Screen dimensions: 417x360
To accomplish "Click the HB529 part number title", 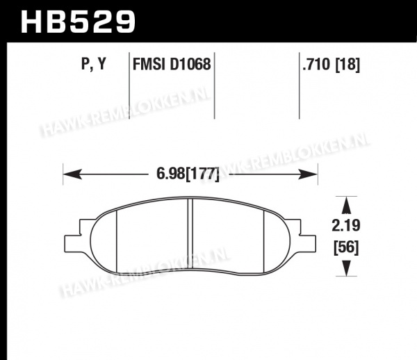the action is coord(78,22).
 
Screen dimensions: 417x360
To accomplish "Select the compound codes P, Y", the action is coord(94,64).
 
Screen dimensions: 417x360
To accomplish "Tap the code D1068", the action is coord(190,64).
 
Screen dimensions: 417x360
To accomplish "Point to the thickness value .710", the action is coord(316,64).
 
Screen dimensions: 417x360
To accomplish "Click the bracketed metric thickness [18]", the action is coord(347,65).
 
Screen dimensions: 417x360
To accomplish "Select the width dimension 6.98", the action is coord(170,174).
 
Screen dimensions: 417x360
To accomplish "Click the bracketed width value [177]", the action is coord(202,174).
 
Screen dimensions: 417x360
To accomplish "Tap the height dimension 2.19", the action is coord(346,225).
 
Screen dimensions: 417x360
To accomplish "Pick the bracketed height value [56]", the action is coord(346,247).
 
